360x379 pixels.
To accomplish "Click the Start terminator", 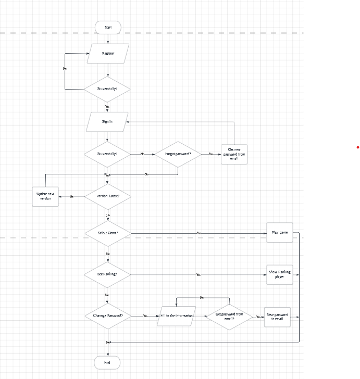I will (108, 27).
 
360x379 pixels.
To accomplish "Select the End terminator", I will (107, 362).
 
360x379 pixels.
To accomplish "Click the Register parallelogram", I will (108, 53).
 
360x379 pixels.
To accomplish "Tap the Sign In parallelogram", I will (107, 121).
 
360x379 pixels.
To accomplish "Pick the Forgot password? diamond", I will (178, 154).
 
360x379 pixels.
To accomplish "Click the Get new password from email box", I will (234, 154).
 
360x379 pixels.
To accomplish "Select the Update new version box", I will (45, 196).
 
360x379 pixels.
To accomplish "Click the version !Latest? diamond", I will (107, 196).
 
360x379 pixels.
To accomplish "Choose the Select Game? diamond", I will (108, 233).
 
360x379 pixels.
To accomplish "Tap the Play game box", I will (280, 232).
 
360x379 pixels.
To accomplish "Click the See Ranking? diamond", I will (107, 274).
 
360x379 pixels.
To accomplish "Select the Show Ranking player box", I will (280, 274).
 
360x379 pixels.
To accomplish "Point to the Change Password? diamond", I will (108, 315).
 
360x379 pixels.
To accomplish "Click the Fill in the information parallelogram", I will (176, 315).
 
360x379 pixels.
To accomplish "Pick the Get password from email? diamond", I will (229, 316).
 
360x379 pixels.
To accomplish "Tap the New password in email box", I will (278, 316).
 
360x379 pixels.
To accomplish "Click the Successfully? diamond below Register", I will (107, 89).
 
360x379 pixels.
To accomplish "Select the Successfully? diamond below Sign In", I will (107, 154).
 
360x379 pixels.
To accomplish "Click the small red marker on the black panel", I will (357, 148).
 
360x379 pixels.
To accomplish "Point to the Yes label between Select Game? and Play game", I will (198, 233).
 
